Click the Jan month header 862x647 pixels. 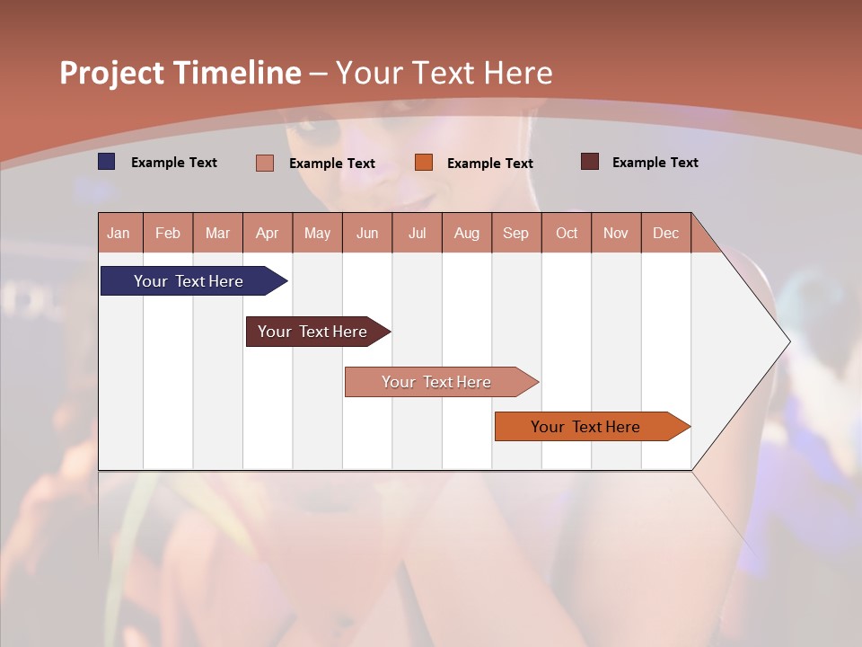(119, 233)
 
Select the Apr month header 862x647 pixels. (268, 233)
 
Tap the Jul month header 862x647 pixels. (417, 233)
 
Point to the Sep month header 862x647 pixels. (515, 233)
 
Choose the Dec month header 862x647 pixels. (665, 233)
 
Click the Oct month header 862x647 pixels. (567, 233)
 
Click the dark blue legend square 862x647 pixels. (106, 162)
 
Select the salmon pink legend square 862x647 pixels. (265, 163)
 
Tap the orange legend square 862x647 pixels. (424, 162)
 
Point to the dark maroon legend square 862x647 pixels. (589, 162)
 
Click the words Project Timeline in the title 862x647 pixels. (180, 73)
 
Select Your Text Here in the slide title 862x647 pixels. (444, 73)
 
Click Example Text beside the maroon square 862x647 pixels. (655, 163)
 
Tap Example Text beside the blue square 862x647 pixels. (174, 163)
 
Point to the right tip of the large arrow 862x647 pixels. (788, 341)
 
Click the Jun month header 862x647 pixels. (367, 233)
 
